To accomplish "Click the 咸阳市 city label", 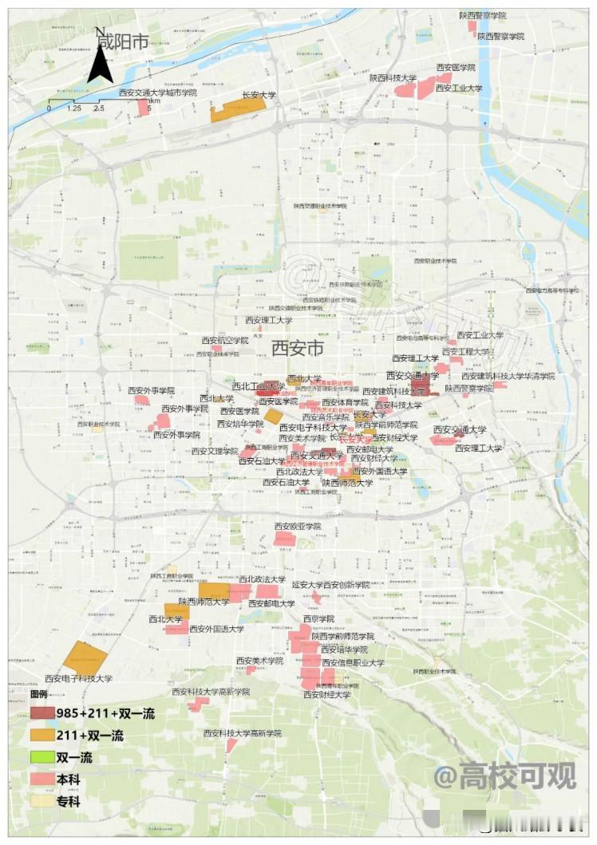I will (x=122, y=41).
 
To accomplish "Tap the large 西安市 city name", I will (x=298, y=348).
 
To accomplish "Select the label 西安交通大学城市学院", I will (x=157, y=93).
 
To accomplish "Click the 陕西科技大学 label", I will (x=393, y=78).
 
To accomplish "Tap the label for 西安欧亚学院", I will (x=297, y=527).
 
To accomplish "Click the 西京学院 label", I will (x=318, y=618).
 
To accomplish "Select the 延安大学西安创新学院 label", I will (x=330, y=585).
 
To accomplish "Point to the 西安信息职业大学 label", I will (x=352, y=663).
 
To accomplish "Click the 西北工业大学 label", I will (x=259, y=386).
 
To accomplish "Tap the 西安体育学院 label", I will (x=346, y=403).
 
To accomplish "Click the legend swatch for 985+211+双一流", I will (x=43, y=713).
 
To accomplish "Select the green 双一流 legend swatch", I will (x=43, y=756).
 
